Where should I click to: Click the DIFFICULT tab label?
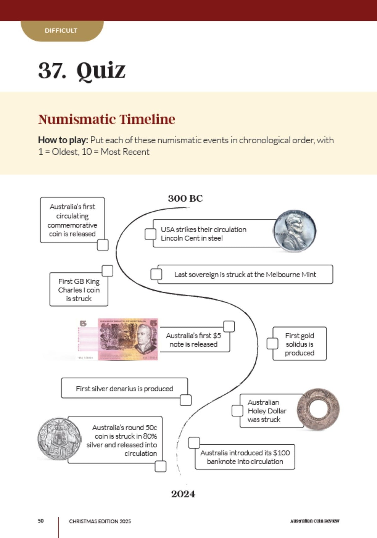tap(61, 30)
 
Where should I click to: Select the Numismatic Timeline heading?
tap(107, 119)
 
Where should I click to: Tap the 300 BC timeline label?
tap(185, 199)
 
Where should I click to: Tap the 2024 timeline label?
tap(183, 494)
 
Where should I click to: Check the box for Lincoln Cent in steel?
tap(151, 234)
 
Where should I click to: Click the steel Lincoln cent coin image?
tap(294, 231)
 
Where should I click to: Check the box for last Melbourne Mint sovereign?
tap(156, 274)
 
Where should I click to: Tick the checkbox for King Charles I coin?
tap(107, 271)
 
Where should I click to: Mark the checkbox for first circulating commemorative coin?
tap(103, 245)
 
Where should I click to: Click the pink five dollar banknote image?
tap(128, 339)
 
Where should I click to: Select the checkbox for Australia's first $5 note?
tap(229, 326)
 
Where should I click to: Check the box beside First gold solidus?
tap(272, 344)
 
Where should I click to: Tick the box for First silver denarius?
tap(185, 400)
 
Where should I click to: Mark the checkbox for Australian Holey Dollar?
tap(237, 410)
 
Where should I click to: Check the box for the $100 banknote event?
tap(194, 443)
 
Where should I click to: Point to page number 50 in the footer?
tap(41, 521)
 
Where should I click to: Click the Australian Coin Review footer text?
tap(315, 521)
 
